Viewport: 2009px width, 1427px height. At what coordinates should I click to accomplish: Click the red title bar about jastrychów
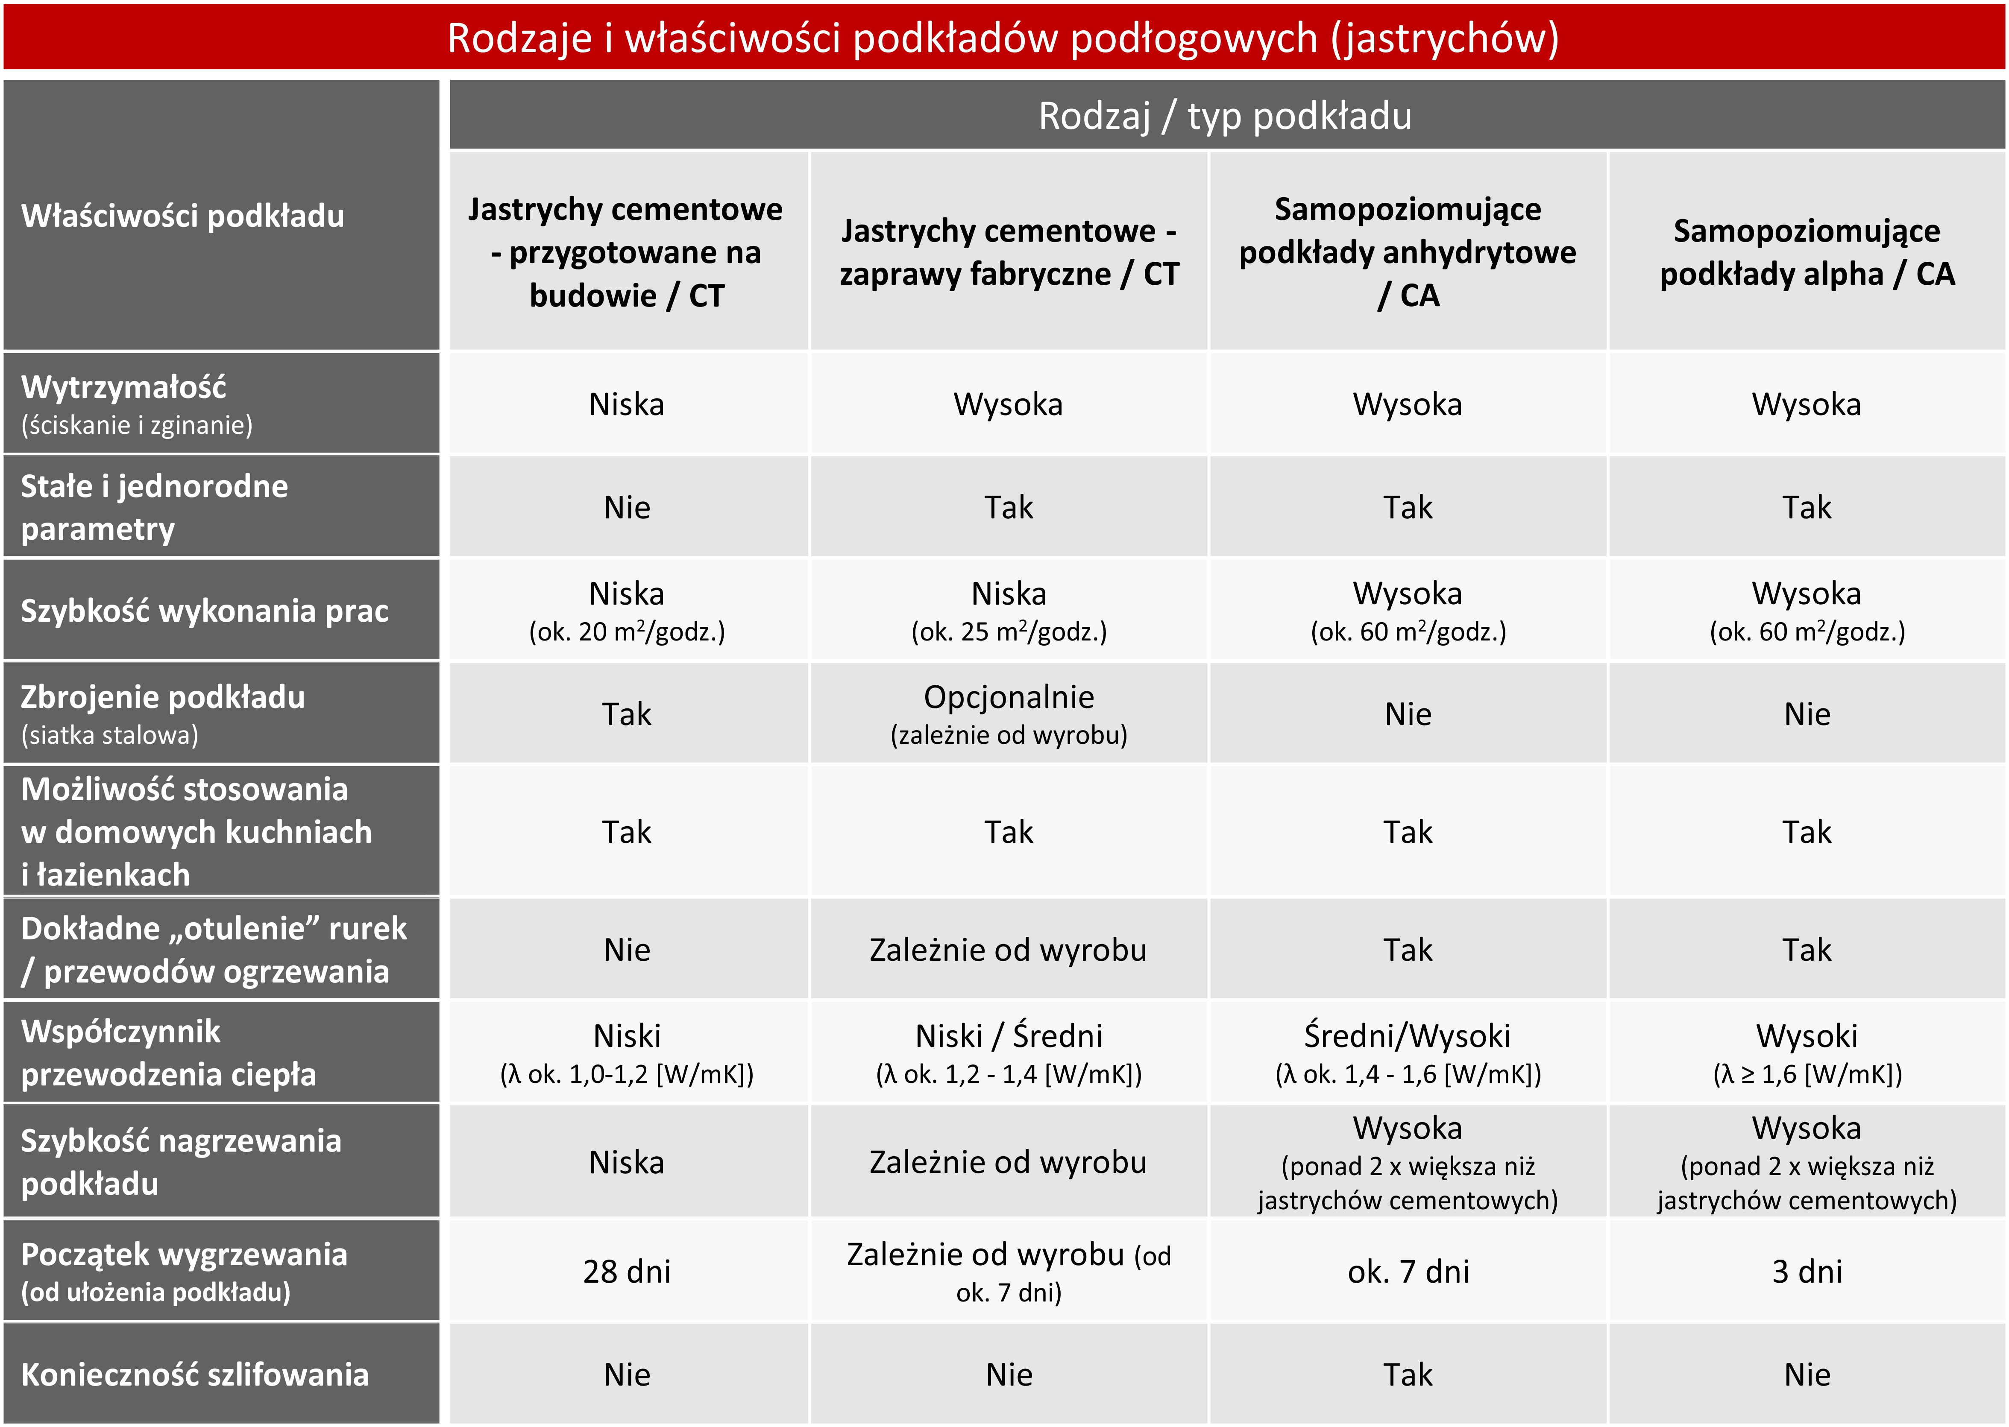tap(1003, 38)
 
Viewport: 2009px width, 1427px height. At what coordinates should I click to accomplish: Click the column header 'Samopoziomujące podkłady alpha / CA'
tap(1807, 252)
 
